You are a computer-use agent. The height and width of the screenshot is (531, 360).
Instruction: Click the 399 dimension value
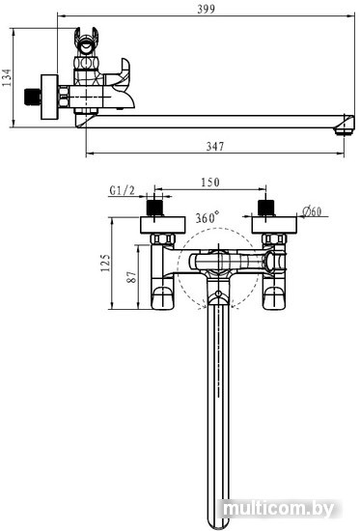[206, 9]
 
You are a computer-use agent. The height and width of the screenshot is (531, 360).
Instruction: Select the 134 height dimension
[7, 77]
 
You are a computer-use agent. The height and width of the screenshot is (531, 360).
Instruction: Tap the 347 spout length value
[215, 147]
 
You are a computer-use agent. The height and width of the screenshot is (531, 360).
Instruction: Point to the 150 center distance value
[210, 182]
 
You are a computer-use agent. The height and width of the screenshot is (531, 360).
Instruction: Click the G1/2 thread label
[122, 191]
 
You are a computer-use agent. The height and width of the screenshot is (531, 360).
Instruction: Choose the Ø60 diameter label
[312, 211]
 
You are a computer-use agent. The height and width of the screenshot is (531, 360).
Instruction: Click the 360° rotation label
[207, 217]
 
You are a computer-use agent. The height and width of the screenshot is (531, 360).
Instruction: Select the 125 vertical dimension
[105, 263]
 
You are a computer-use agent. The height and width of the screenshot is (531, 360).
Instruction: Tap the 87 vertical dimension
[132, 277]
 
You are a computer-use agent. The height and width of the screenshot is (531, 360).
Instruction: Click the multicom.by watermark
[278, 509]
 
